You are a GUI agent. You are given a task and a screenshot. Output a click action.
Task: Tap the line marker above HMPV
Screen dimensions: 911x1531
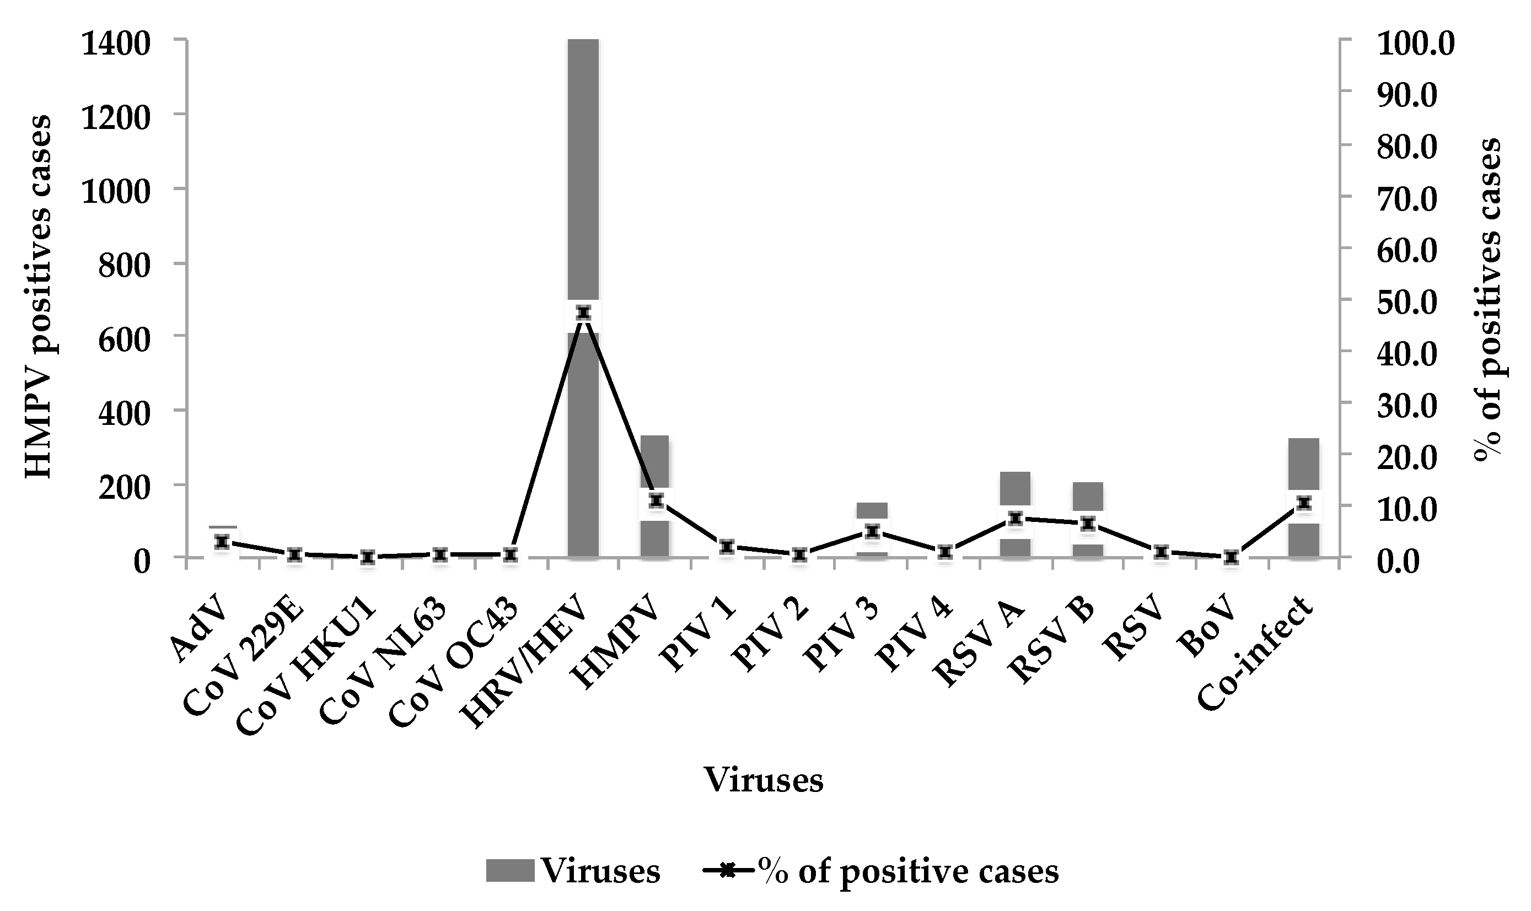point(657,500)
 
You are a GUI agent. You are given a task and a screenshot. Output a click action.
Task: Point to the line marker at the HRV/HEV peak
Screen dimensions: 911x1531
point(583,313)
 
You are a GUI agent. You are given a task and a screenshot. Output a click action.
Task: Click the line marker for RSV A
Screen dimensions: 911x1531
point(1015,519)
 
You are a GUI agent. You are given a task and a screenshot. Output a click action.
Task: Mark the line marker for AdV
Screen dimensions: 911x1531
point(222,541)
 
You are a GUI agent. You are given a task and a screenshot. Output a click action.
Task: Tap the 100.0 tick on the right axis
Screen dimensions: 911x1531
point(1416,44)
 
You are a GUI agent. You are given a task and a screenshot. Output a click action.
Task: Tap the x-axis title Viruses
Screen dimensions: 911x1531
point(764,781)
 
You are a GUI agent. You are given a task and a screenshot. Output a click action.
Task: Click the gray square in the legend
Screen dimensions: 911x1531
point(510,870)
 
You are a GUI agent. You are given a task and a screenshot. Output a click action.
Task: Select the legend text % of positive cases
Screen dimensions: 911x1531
point(907,870)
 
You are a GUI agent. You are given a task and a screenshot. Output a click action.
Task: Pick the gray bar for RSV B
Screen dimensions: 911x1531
point(1088,496)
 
